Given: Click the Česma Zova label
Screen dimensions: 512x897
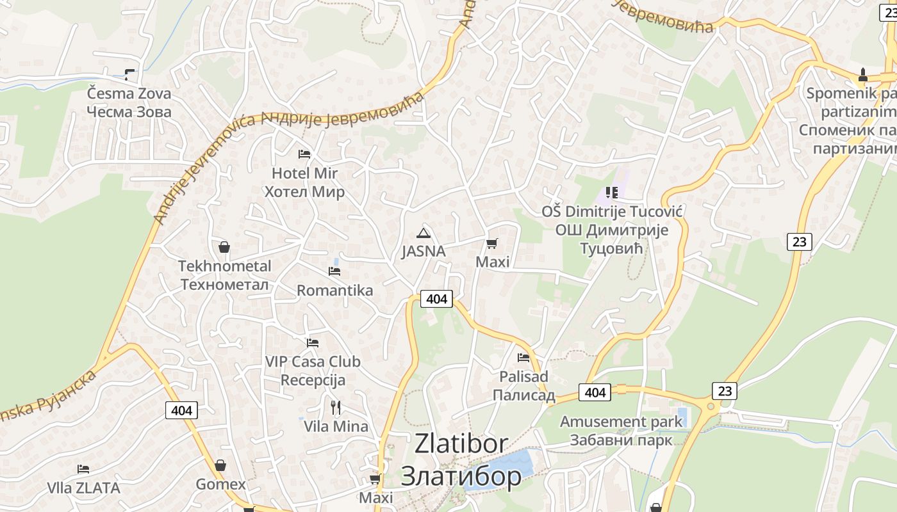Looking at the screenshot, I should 129,102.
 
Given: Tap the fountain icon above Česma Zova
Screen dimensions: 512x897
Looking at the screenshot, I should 130,74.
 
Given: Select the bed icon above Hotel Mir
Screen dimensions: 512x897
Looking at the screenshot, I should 304,154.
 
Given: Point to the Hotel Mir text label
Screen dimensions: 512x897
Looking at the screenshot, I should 304,182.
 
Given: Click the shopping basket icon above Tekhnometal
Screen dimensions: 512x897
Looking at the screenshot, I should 224,246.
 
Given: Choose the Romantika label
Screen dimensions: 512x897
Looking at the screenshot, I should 334,291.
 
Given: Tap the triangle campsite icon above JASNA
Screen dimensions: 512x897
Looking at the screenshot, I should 423,233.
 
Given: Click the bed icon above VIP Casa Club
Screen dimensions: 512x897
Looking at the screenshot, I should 313,343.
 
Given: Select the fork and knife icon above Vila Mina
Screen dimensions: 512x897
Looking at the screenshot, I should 335,407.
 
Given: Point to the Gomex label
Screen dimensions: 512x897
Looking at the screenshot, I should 220,484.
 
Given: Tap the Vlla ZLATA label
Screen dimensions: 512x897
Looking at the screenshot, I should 83,488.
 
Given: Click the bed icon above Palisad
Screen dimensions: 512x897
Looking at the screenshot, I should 523,357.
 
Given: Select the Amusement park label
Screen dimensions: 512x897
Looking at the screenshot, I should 621,431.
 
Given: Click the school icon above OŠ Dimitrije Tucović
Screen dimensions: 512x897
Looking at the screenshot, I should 611,192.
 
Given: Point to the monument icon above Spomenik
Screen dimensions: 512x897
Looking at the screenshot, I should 862,75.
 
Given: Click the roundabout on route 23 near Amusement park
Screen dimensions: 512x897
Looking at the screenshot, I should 709,406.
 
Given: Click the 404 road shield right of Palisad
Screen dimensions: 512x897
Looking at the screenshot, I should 595,392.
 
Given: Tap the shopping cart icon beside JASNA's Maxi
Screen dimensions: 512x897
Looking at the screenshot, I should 491,243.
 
